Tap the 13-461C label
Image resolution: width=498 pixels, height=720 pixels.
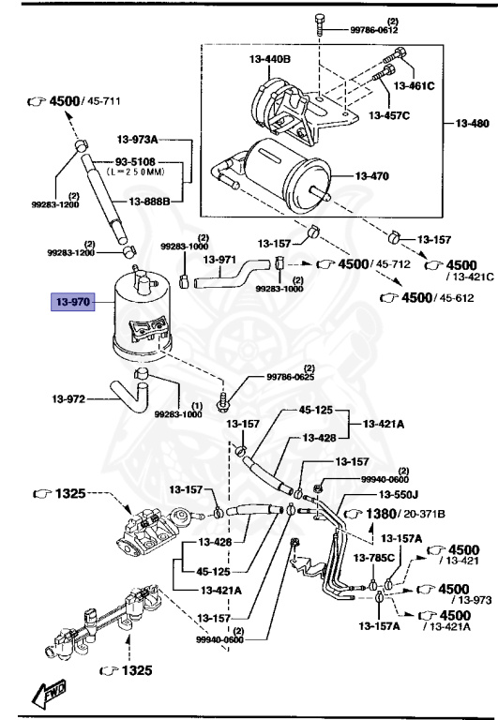(x=413, y=85)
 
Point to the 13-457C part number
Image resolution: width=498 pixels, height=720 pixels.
(x=389, y=115)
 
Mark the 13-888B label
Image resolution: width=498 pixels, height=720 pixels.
(x=149, y=202)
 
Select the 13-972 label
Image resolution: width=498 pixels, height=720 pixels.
(x=69, y=399)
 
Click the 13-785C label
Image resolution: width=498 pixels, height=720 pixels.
(x=373, y=558)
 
